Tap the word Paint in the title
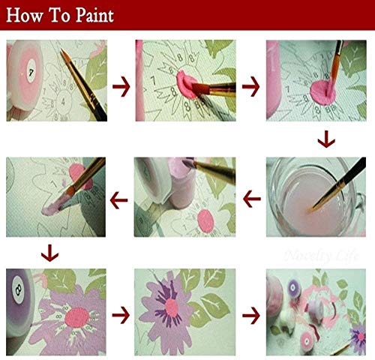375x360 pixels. click(93, 16)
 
